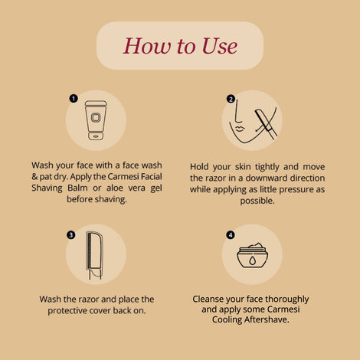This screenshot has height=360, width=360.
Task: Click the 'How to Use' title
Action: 180,46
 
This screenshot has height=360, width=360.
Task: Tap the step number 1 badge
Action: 73,98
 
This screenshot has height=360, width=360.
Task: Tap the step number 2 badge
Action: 231,99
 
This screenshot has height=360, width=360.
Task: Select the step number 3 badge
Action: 71,235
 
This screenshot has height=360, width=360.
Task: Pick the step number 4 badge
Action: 231,235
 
